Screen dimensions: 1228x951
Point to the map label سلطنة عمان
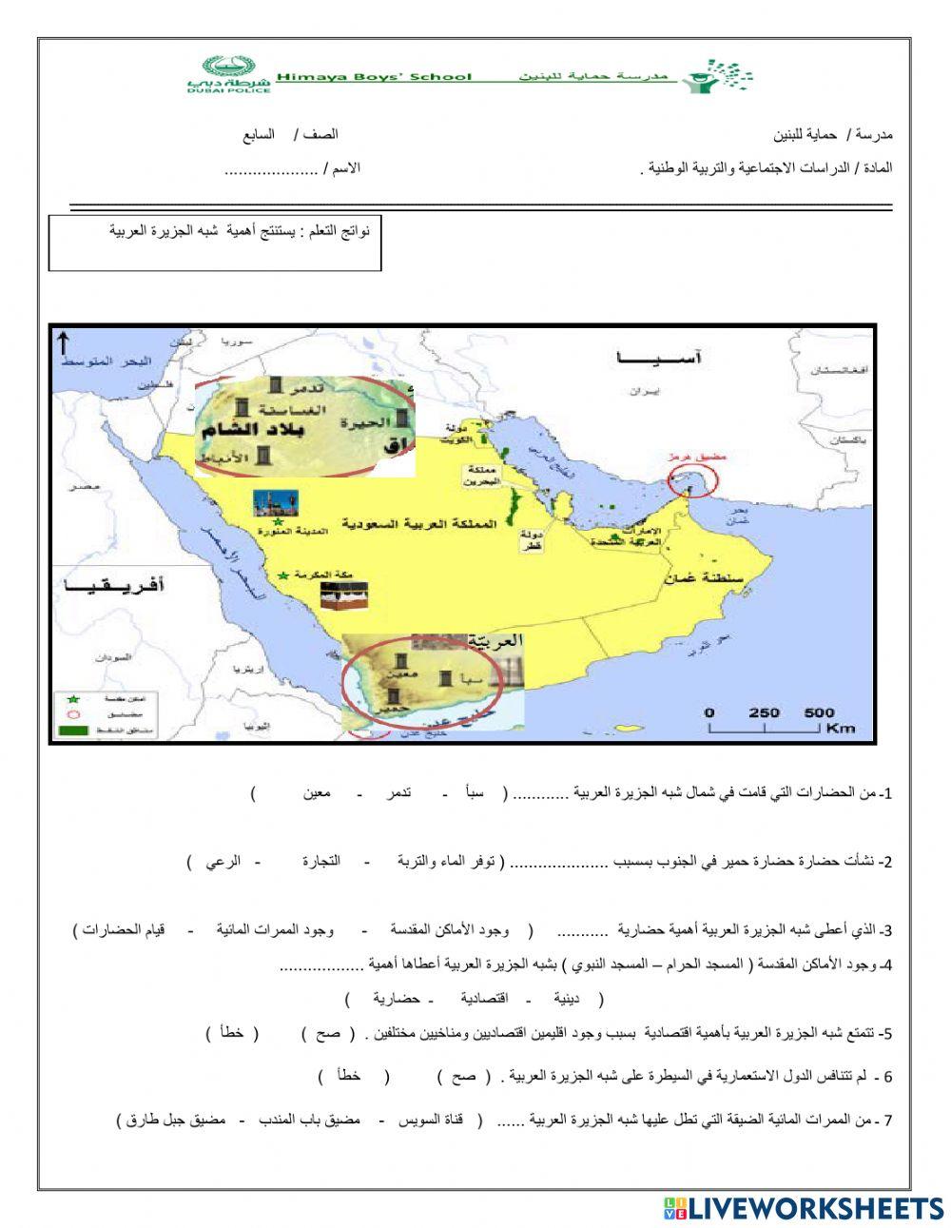(728, 576)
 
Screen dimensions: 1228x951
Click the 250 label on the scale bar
(764, 712)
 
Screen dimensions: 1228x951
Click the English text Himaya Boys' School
(374, 76)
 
